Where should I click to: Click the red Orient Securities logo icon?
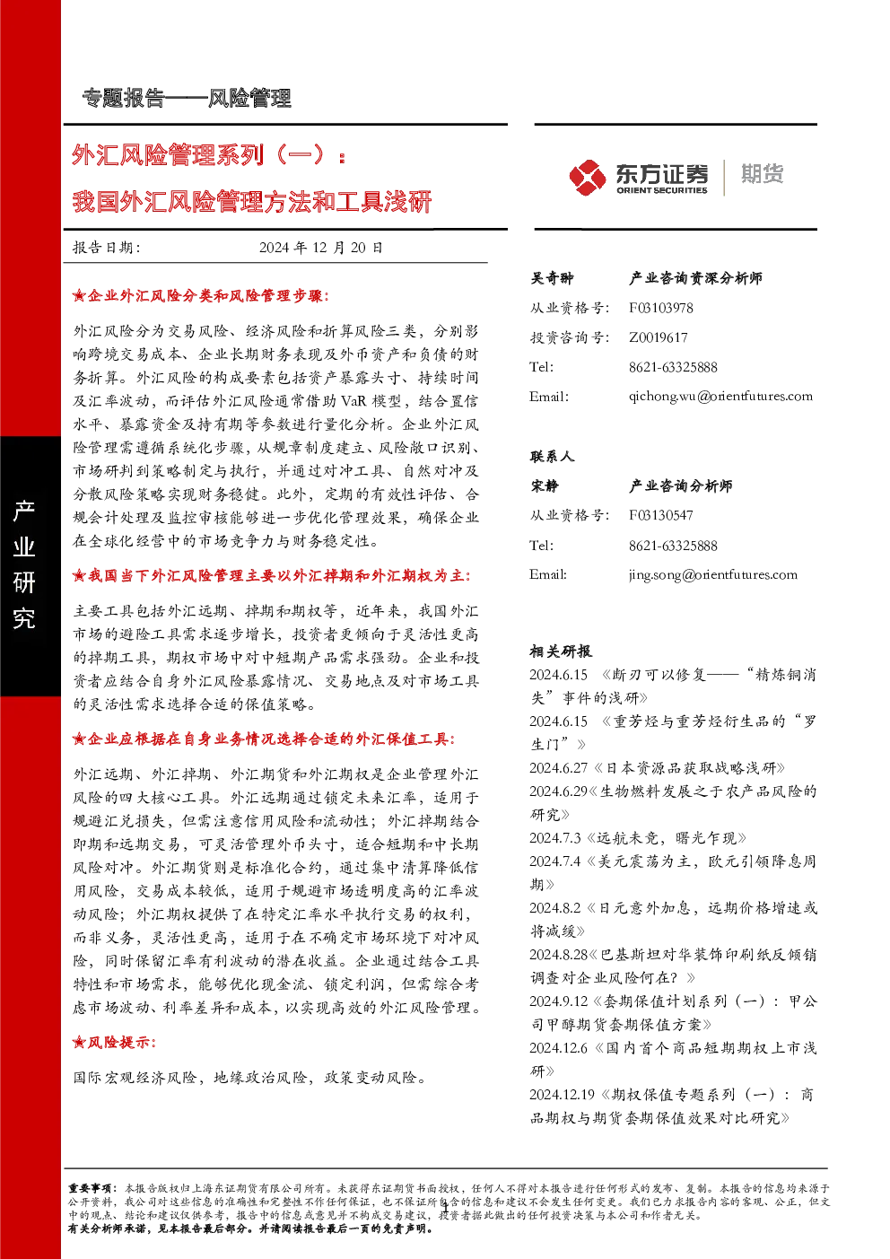(x=587, y=178)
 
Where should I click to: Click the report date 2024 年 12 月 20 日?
(x=321, y=248)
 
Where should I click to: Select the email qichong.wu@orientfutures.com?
(x=720, y=397)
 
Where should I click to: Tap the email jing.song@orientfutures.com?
(x=713, y=574)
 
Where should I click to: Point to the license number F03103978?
(x=660, y=308)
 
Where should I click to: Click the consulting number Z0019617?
(x=658, y=337)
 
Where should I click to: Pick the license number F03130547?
(x=660, y=515)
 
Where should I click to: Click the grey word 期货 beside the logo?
(x=762, y=174)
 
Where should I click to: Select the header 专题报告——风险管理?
(x=187, y=99)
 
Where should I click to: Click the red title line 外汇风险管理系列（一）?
(x=208, y=154)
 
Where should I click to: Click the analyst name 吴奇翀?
(x=552, y=278)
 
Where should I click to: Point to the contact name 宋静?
(x=545, y=485)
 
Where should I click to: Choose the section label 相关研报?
(x=560, y=651)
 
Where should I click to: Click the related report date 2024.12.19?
(x=562, y=1094)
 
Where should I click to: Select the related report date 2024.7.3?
(x=555, y=838)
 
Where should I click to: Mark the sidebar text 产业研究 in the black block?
(x=24, y=564)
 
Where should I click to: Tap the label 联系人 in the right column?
(x=552, y=457)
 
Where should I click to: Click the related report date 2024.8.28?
(x=559, y=955)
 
